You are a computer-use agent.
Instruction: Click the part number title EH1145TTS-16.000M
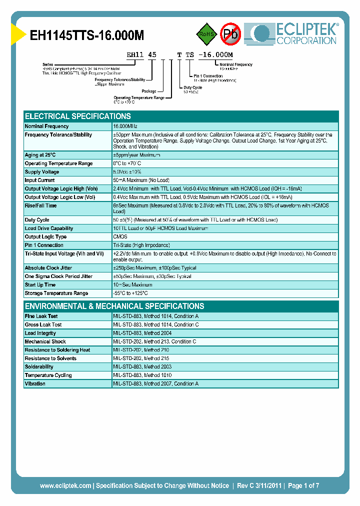[x=87, y=35]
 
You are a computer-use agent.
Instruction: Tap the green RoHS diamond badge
[x=205, y=34]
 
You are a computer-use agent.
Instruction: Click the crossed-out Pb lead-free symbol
[x=230, y=34]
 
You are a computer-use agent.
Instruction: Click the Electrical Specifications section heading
[x=78, y=116]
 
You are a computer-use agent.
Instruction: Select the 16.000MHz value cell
[x=125, y=126]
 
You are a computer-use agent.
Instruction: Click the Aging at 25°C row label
[x=40, y=155]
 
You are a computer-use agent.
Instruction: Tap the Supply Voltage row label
[x=42, y=172]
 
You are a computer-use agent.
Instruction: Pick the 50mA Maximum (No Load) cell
[x=141, y=180]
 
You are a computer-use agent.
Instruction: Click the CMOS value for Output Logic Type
[x=120, y=237]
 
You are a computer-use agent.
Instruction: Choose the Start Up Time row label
[x=40, y=285]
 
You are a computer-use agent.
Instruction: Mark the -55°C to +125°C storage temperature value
[x=130, y=293]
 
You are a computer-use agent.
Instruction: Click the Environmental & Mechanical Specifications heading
[x=114, y=306]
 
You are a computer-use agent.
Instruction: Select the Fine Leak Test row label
[x=41, y=316]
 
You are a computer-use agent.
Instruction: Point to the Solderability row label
[x=39, y=367]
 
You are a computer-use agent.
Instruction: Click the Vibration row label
[x=35, y=384]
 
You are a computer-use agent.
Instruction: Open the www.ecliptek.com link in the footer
[x=65, y=485]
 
